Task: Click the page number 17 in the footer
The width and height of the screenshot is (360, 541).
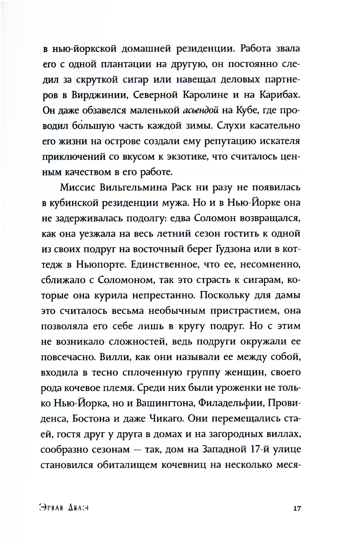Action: click(297, 508)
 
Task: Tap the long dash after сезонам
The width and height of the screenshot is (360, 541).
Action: click(137, 450)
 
